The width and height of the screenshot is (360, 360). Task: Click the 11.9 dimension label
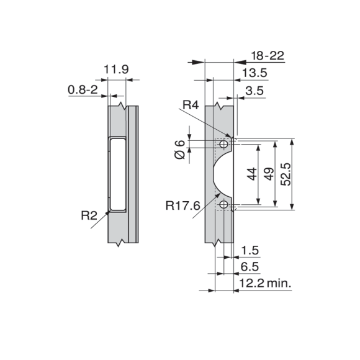tap(116, 70)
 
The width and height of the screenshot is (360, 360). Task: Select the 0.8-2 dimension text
tap(83, 89)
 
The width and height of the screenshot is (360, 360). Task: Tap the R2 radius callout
tap(89, 215)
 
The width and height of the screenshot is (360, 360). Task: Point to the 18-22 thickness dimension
tap(268, 56)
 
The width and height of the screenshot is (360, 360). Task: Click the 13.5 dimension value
tap(255, 73)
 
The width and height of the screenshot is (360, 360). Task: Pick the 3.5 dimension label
tap(254, 91)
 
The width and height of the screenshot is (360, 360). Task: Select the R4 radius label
tap(191, 105)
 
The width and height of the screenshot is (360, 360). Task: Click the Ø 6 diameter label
tap(180, 150)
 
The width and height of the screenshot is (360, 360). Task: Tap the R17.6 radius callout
tap(182, 205)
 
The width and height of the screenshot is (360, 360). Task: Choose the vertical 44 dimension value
tap(252, 174)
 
